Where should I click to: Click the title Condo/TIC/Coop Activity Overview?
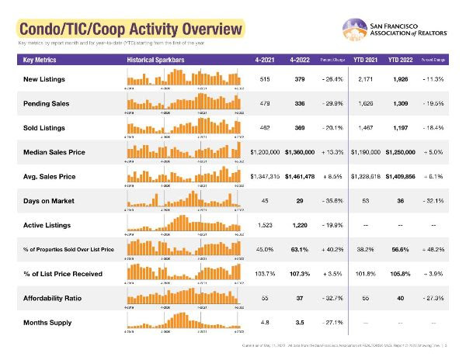[128, 30]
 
